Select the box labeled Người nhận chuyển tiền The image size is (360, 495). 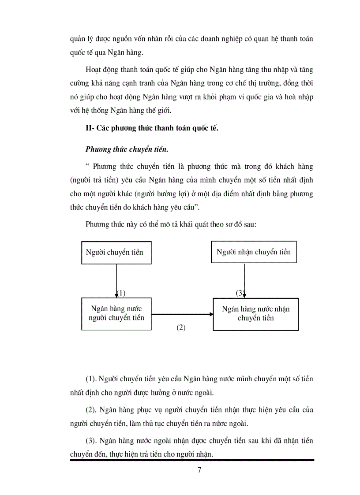[x=253, y=252]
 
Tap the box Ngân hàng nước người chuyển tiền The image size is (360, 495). [x=116, y=313]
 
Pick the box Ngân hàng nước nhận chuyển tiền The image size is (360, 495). [x=255, y=314]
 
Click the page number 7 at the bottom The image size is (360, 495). [x=199, y=469]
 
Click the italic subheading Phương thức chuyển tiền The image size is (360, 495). [x=127, y=149]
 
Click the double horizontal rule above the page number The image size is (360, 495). [x=192, y=460]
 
